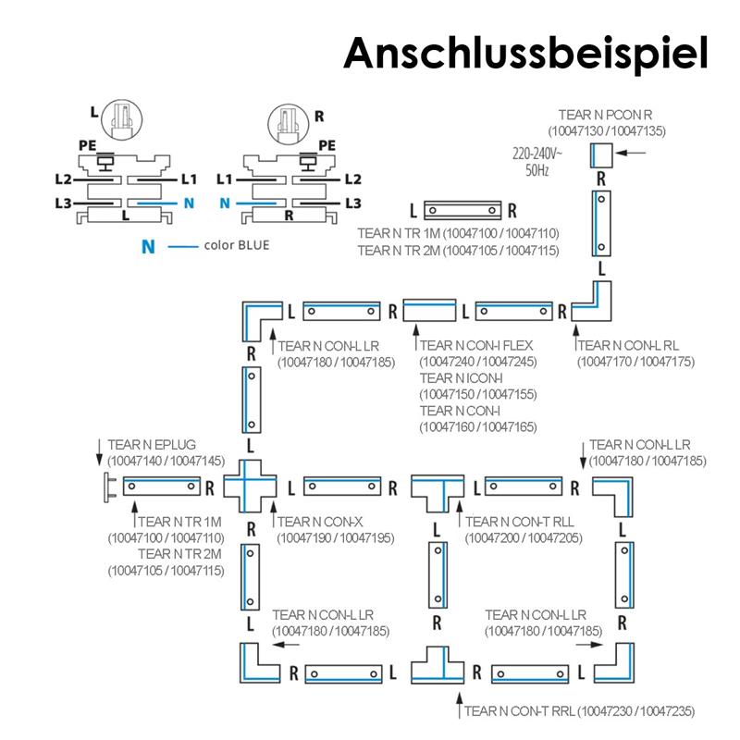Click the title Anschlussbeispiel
(525, 54)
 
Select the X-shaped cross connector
(250, 487)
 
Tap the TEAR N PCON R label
(605, 115)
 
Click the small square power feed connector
(600, 155)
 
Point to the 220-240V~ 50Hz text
(537, 161)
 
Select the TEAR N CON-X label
(319, 522)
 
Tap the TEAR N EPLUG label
(152, 445)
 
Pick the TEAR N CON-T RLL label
(520, 522)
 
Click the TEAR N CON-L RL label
(628, 345)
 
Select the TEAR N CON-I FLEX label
(476, 345)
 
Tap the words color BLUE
(237, 245)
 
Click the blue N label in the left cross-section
(189, 203)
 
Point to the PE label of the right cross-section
(327, 145)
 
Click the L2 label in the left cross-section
(63, 179)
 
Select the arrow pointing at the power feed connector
(631, 153)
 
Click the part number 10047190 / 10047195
(336, 538)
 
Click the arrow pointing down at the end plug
(99, 452)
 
